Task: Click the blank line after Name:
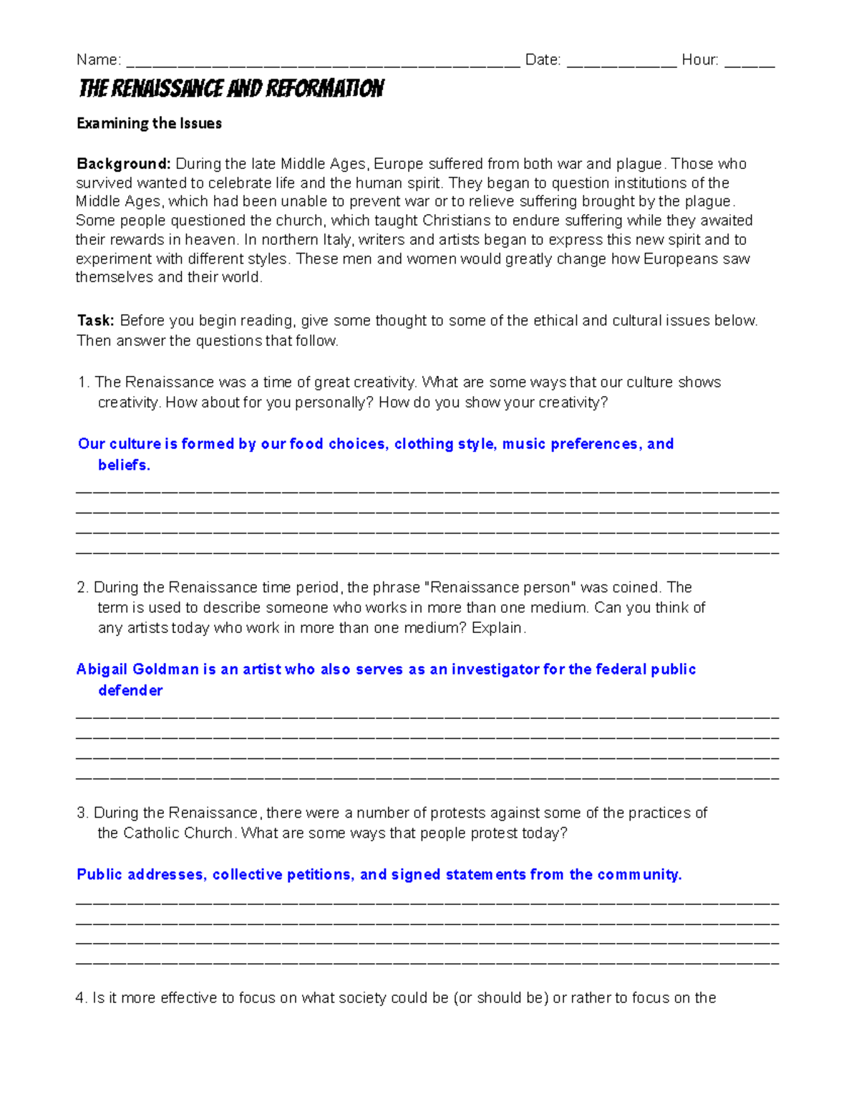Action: tap(322, 63)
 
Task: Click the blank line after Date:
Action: tap(621, 63)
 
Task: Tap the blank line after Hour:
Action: tap(749, 63)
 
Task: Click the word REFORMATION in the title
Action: tap(325, 89)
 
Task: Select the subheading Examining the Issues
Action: tap(149, 123)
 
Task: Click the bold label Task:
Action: tap(94, 321)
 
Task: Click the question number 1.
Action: tap(82, 382)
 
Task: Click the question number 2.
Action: tap(82, 588)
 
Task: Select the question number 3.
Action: tap(82, 813)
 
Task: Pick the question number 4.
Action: tap(81, 998)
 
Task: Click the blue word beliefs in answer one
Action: tap(124, 465)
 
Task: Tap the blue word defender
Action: tap(130, 691)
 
